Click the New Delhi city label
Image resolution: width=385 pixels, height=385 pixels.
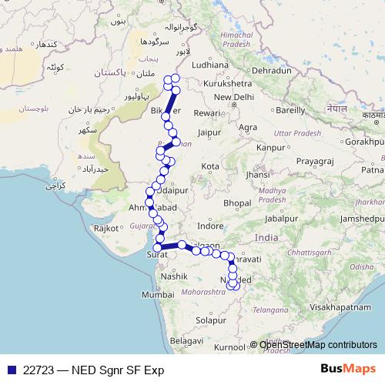point(233,97)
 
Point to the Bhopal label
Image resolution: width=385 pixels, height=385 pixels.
point(237,203)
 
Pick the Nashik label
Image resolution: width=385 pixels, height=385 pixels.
point(175,275)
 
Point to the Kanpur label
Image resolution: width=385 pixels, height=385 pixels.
point(271,146)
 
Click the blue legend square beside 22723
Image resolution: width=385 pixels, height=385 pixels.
point(10,369)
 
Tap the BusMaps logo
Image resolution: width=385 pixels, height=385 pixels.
point(348,368)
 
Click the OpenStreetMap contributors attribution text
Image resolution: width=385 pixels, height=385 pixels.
point(318,345)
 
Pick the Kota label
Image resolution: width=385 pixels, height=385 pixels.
point(210,166)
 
